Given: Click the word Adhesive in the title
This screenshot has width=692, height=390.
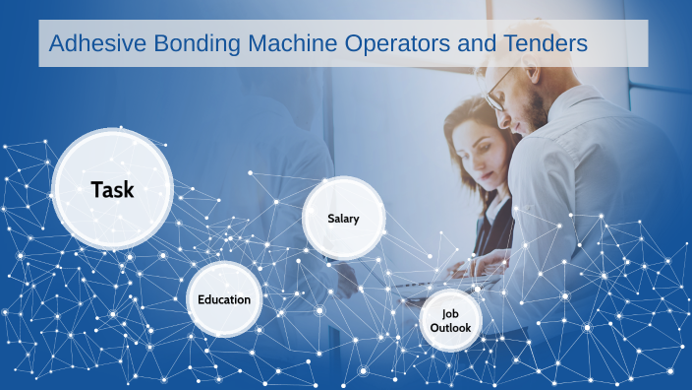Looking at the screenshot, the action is [97, 43].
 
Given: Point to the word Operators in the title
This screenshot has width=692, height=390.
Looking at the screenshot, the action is [397, 44].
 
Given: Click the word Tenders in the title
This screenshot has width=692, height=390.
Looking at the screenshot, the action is [546, 43].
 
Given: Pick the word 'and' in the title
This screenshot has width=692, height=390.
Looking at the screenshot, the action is [477, 43].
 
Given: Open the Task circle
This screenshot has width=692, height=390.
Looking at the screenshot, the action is [112, 189].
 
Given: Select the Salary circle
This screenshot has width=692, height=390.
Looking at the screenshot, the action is [343, 218].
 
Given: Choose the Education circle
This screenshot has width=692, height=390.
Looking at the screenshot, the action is [224, 299].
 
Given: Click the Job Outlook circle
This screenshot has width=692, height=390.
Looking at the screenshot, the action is [450, 321].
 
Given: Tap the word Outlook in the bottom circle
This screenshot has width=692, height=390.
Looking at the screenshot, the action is [450, 328].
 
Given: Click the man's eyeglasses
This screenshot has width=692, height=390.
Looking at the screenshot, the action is [499, 91].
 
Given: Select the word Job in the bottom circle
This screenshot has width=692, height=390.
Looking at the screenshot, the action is [450, 314].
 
